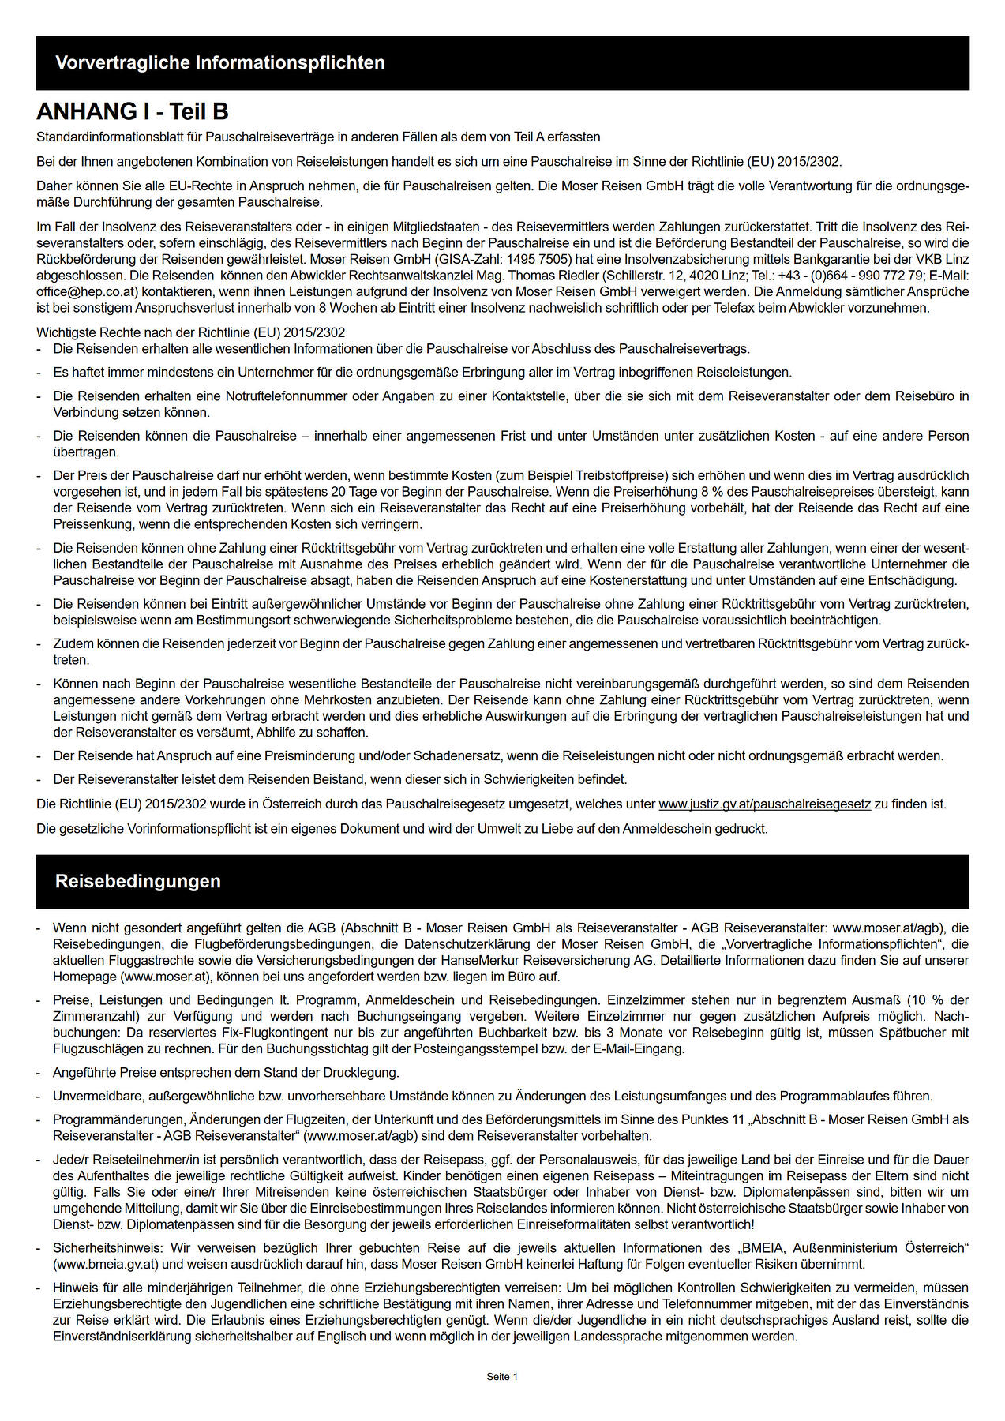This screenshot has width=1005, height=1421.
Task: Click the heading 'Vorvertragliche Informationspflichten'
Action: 220,63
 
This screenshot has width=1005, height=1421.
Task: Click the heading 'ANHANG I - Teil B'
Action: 133,112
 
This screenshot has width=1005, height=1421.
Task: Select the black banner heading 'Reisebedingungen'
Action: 138,881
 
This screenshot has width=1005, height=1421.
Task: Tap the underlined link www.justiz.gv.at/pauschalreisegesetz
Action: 764,804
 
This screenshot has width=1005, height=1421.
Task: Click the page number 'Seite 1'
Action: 502,1377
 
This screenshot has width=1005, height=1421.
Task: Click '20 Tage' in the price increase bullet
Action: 357,492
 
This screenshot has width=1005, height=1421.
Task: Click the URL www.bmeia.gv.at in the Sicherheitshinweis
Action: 106,1264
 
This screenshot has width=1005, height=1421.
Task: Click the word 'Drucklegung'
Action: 362,1072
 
